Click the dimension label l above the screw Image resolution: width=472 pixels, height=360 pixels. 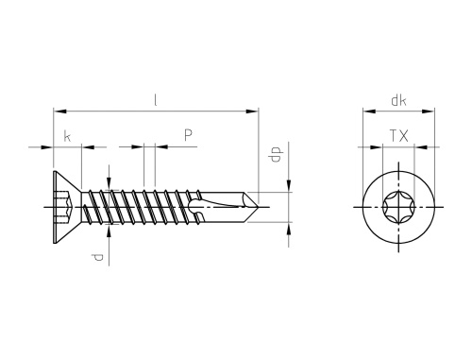[155, 100]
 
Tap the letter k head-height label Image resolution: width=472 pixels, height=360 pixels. [67, 136]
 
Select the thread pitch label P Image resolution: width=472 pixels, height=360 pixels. [188, 135]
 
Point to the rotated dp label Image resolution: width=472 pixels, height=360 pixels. [276, 154]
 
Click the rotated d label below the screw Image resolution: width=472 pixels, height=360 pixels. [97, 257]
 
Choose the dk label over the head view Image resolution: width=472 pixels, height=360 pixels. [398, 100]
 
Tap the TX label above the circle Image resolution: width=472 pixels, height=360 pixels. [399, 136]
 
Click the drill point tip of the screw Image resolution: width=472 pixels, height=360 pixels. [258, 207]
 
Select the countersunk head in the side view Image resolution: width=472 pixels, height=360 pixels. [67, 207]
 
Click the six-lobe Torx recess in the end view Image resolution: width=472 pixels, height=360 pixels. [398, 207]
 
